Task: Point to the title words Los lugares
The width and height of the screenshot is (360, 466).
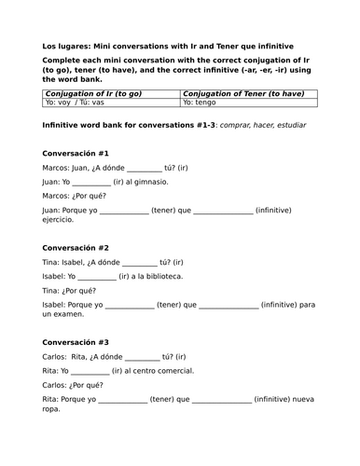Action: pos(69,44)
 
